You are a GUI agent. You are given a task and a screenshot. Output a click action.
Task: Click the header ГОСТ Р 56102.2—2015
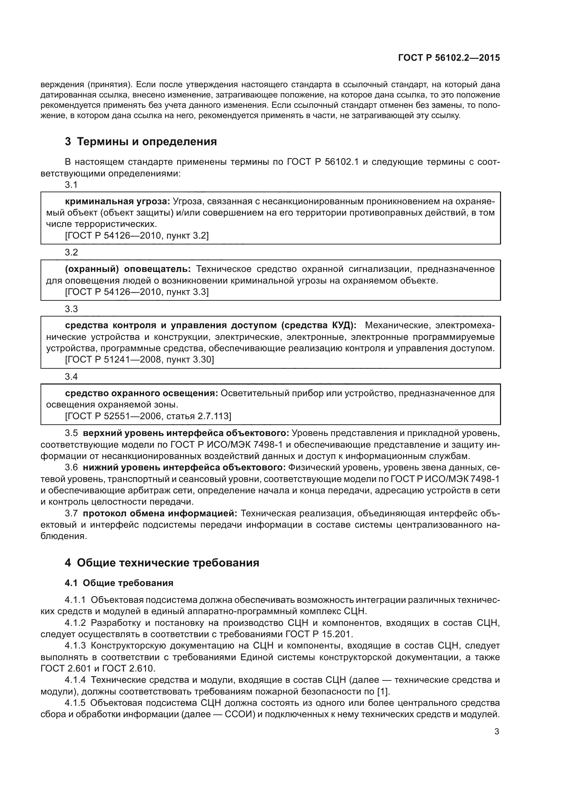[449, 58]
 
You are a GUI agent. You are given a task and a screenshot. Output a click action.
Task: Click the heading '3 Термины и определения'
[140, 142]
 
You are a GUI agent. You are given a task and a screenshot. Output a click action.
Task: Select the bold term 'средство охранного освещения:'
[141, 393]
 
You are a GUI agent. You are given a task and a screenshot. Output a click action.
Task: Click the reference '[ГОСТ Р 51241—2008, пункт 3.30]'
[139, 359]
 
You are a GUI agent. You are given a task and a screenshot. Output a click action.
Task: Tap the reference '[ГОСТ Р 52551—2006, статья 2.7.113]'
[148, 416]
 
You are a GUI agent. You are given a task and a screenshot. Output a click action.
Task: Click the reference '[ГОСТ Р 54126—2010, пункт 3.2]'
[137, 236]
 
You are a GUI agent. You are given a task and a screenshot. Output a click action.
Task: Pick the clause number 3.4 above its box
[71, 377]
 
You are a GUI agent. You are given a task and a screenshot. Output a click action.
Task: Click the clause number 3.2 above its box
[71, 252]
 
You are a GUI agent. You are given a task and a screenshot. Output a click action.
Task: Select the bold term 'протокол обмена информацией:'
[160, 513]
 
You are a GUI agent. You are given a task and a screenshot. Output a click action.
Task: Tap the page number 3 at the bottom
[497, 731]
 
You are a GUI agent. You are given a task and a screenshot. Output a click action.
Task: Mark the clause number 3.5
[71, 433]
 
